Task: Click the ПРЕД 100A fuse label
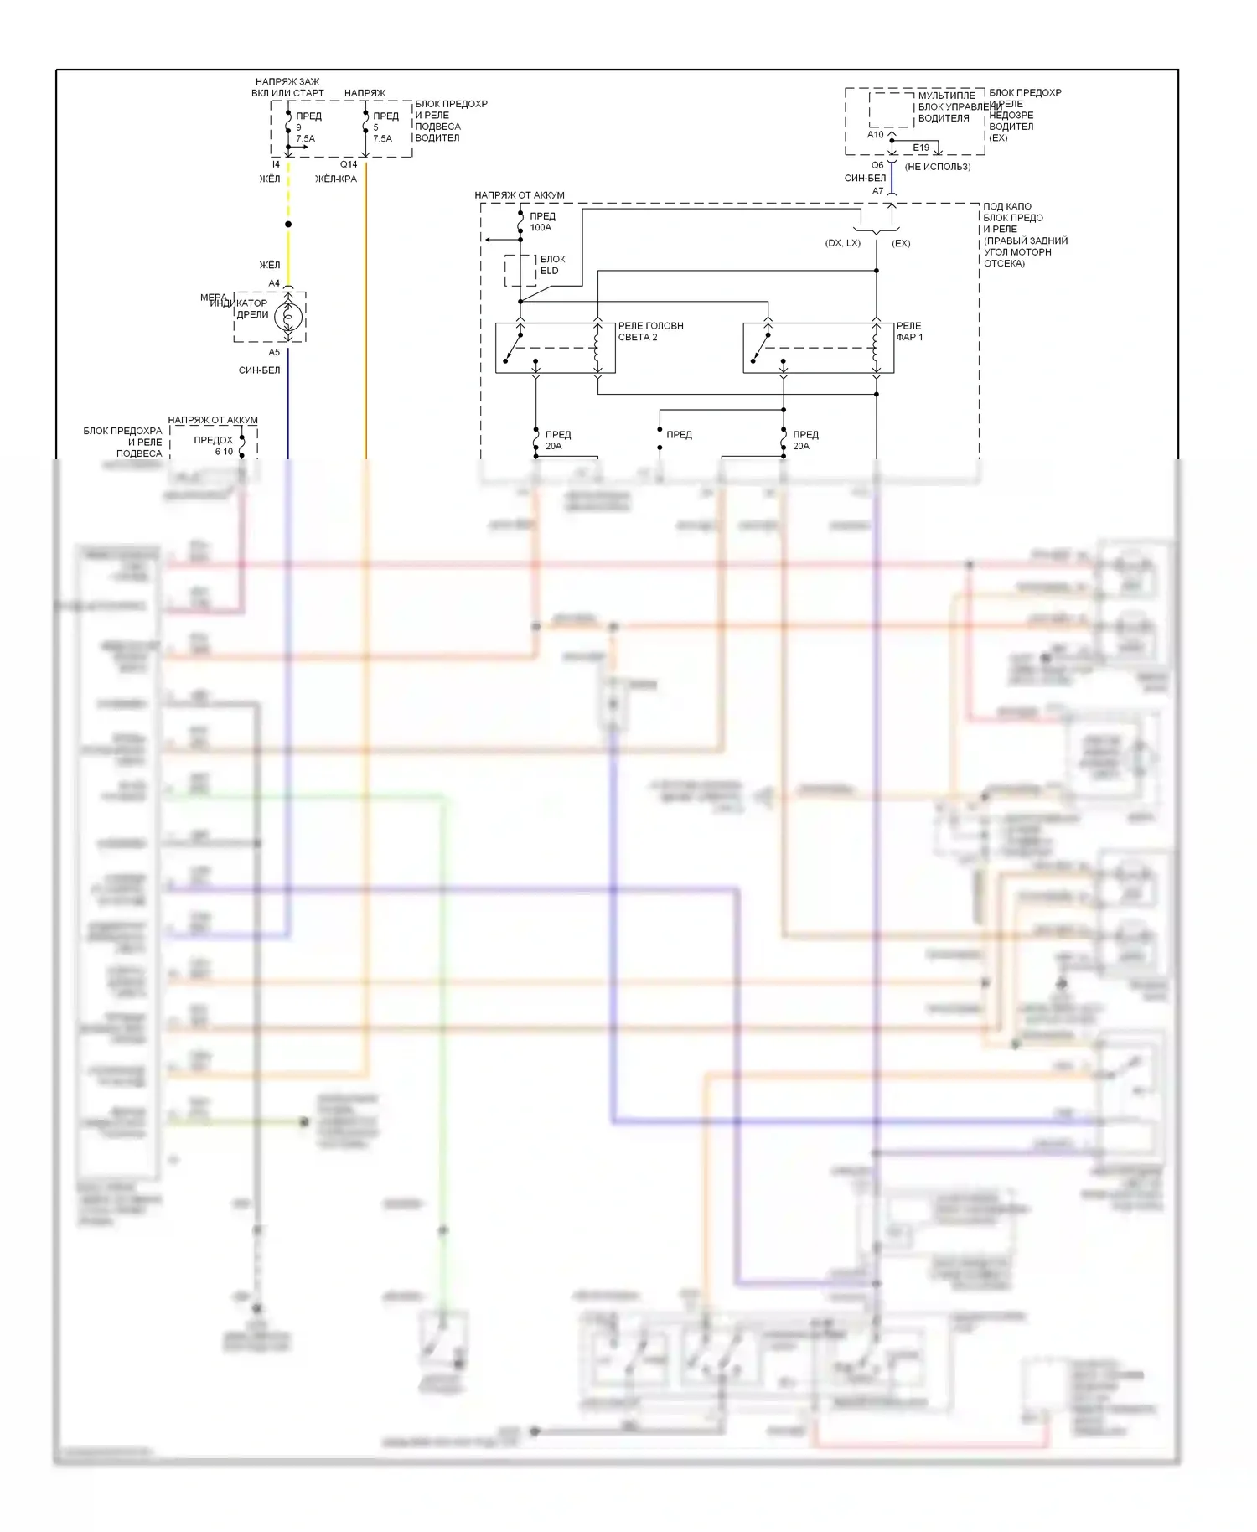coord(542,222)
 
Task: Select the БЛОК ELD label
coord(552,265)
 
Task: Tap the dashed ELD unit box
coord(520,271)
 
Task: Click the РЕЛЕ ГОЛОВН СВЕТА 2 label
coord(650,331)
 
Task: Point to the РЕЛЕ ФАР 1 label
coord(908,331)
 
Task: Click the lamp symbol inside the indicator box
coord(288,316)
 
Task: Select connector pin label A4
coord(274,283)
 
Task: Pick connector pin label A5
coord(274,352)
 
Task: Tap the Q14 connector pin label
coord(349,165)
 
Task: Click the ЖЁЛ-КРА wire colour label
coord(336,179)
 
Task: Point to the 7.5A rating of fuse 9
coord(305,139)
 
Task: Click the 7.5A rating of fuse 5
coord(382,139)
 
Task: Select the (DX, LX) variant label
coord(842,243)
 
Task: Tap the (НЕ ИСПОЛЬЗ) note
coord(938,167)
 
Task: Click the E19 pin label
coord(921,148)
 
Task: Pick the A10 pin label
coord(875,134)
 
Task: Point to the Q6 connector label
coord(877,165)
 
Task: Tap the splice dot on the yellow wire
coord(288,225)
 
